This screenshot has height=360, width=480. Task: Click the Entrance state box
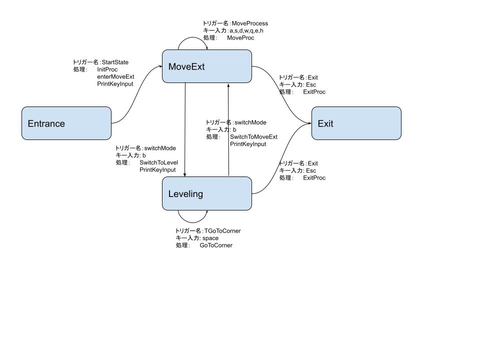click(66, 123)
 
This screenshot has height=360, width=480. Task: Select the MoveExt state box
click(206, 66)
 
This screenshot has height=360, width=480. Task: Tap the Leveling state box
click(206, 193)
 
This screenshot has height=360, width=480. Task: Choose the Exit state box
click(356, 123)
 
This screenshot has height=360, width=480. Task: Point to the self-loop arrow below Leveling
click(192, 220)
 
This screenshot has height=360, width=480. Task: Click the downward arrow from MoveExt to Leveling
click(185, 130)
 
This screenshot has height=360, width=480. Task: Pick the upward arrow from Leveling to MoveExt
click(228, 130)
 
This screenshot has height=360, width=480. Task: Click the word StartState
click(115, 62)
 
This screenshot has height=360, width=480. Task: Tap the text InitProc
click(107, 69)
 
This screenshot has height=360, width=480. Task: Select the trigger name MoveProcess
click(250, 23)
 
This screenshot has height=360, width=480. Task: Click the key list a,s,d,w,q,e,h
click(246, 30)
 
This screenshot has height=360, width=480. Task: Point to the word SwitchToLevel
click(158, 162)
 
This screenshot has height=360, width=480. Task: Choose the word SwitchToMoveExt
click(253, 137)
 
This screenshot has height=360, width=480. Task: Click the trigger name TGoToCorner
click(222, 231)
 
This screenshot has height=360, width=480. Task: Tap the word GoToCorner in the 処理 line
click(216, 245)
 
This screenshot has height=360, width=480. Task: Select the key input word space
click(210, 238)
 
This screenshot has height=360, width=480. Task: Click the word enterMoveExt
click(115, 76)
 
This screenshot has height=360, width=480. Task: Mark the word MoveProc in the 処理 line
click(240, 38)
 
